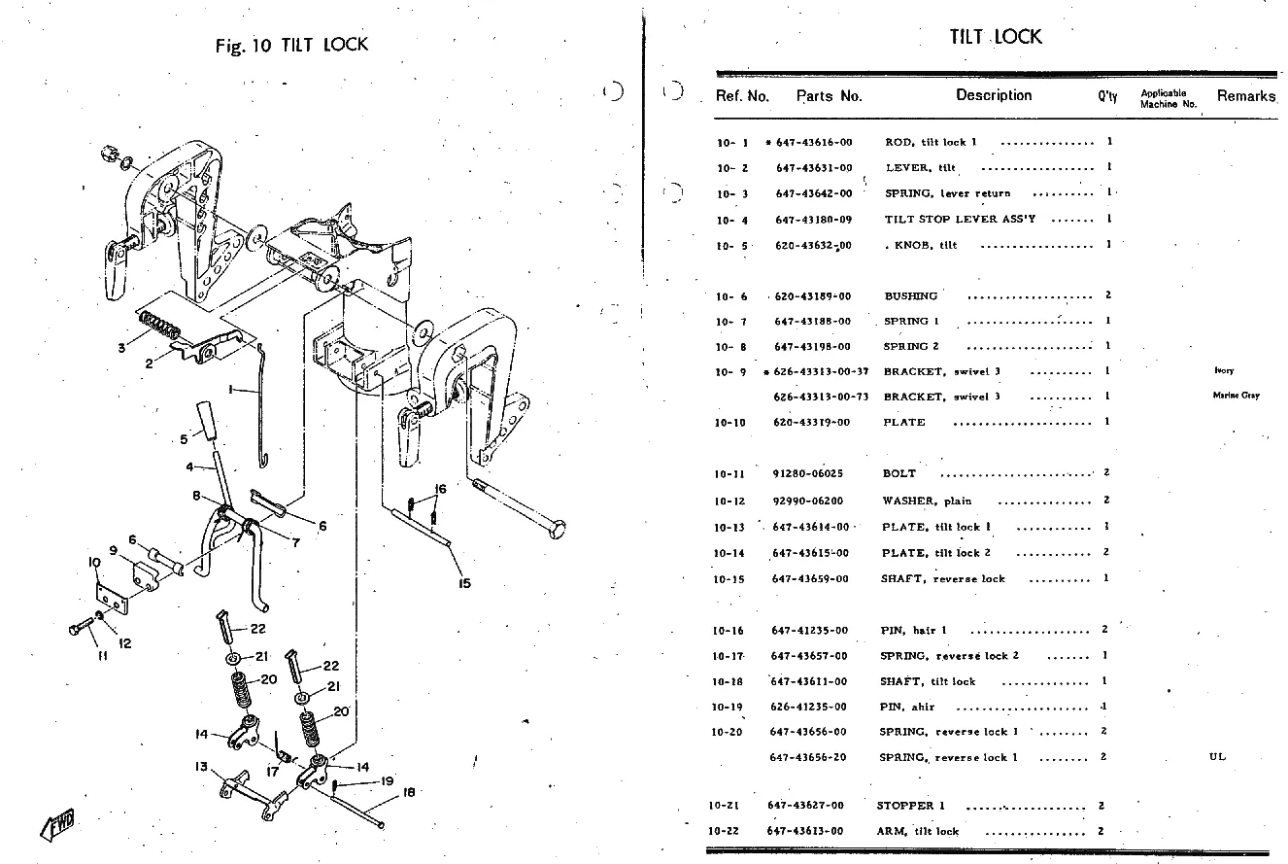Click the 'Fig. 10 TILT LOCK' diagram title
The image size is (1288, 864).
tap(291, 45)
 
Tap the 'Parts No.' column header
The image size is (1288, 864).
tap(829, 96)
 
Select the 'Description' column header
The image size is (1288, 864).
tap(993, 95)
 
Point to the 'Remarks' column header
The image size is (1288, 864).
tap(1245, 96)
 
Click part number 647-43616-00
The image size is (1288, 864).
tap(815, 142)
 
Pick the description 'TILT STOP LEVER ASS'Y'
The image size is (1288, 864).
tap(960, 219)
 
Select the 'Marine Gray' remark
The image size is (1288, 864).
tap(1236, 396)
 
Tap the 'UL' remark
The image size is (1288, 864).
tap(1217, 756)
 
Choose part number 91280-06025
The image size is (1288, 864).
tap(808, 473)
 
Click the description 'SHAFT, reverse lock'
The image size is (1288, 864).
tap(942, 578)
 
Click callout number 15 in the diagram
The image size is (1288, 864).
tap(464, 583)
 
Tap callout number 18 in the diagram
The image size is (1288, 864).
tap(408, 792)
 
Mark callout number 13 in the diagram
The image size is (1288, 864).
tap(201, 766)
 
